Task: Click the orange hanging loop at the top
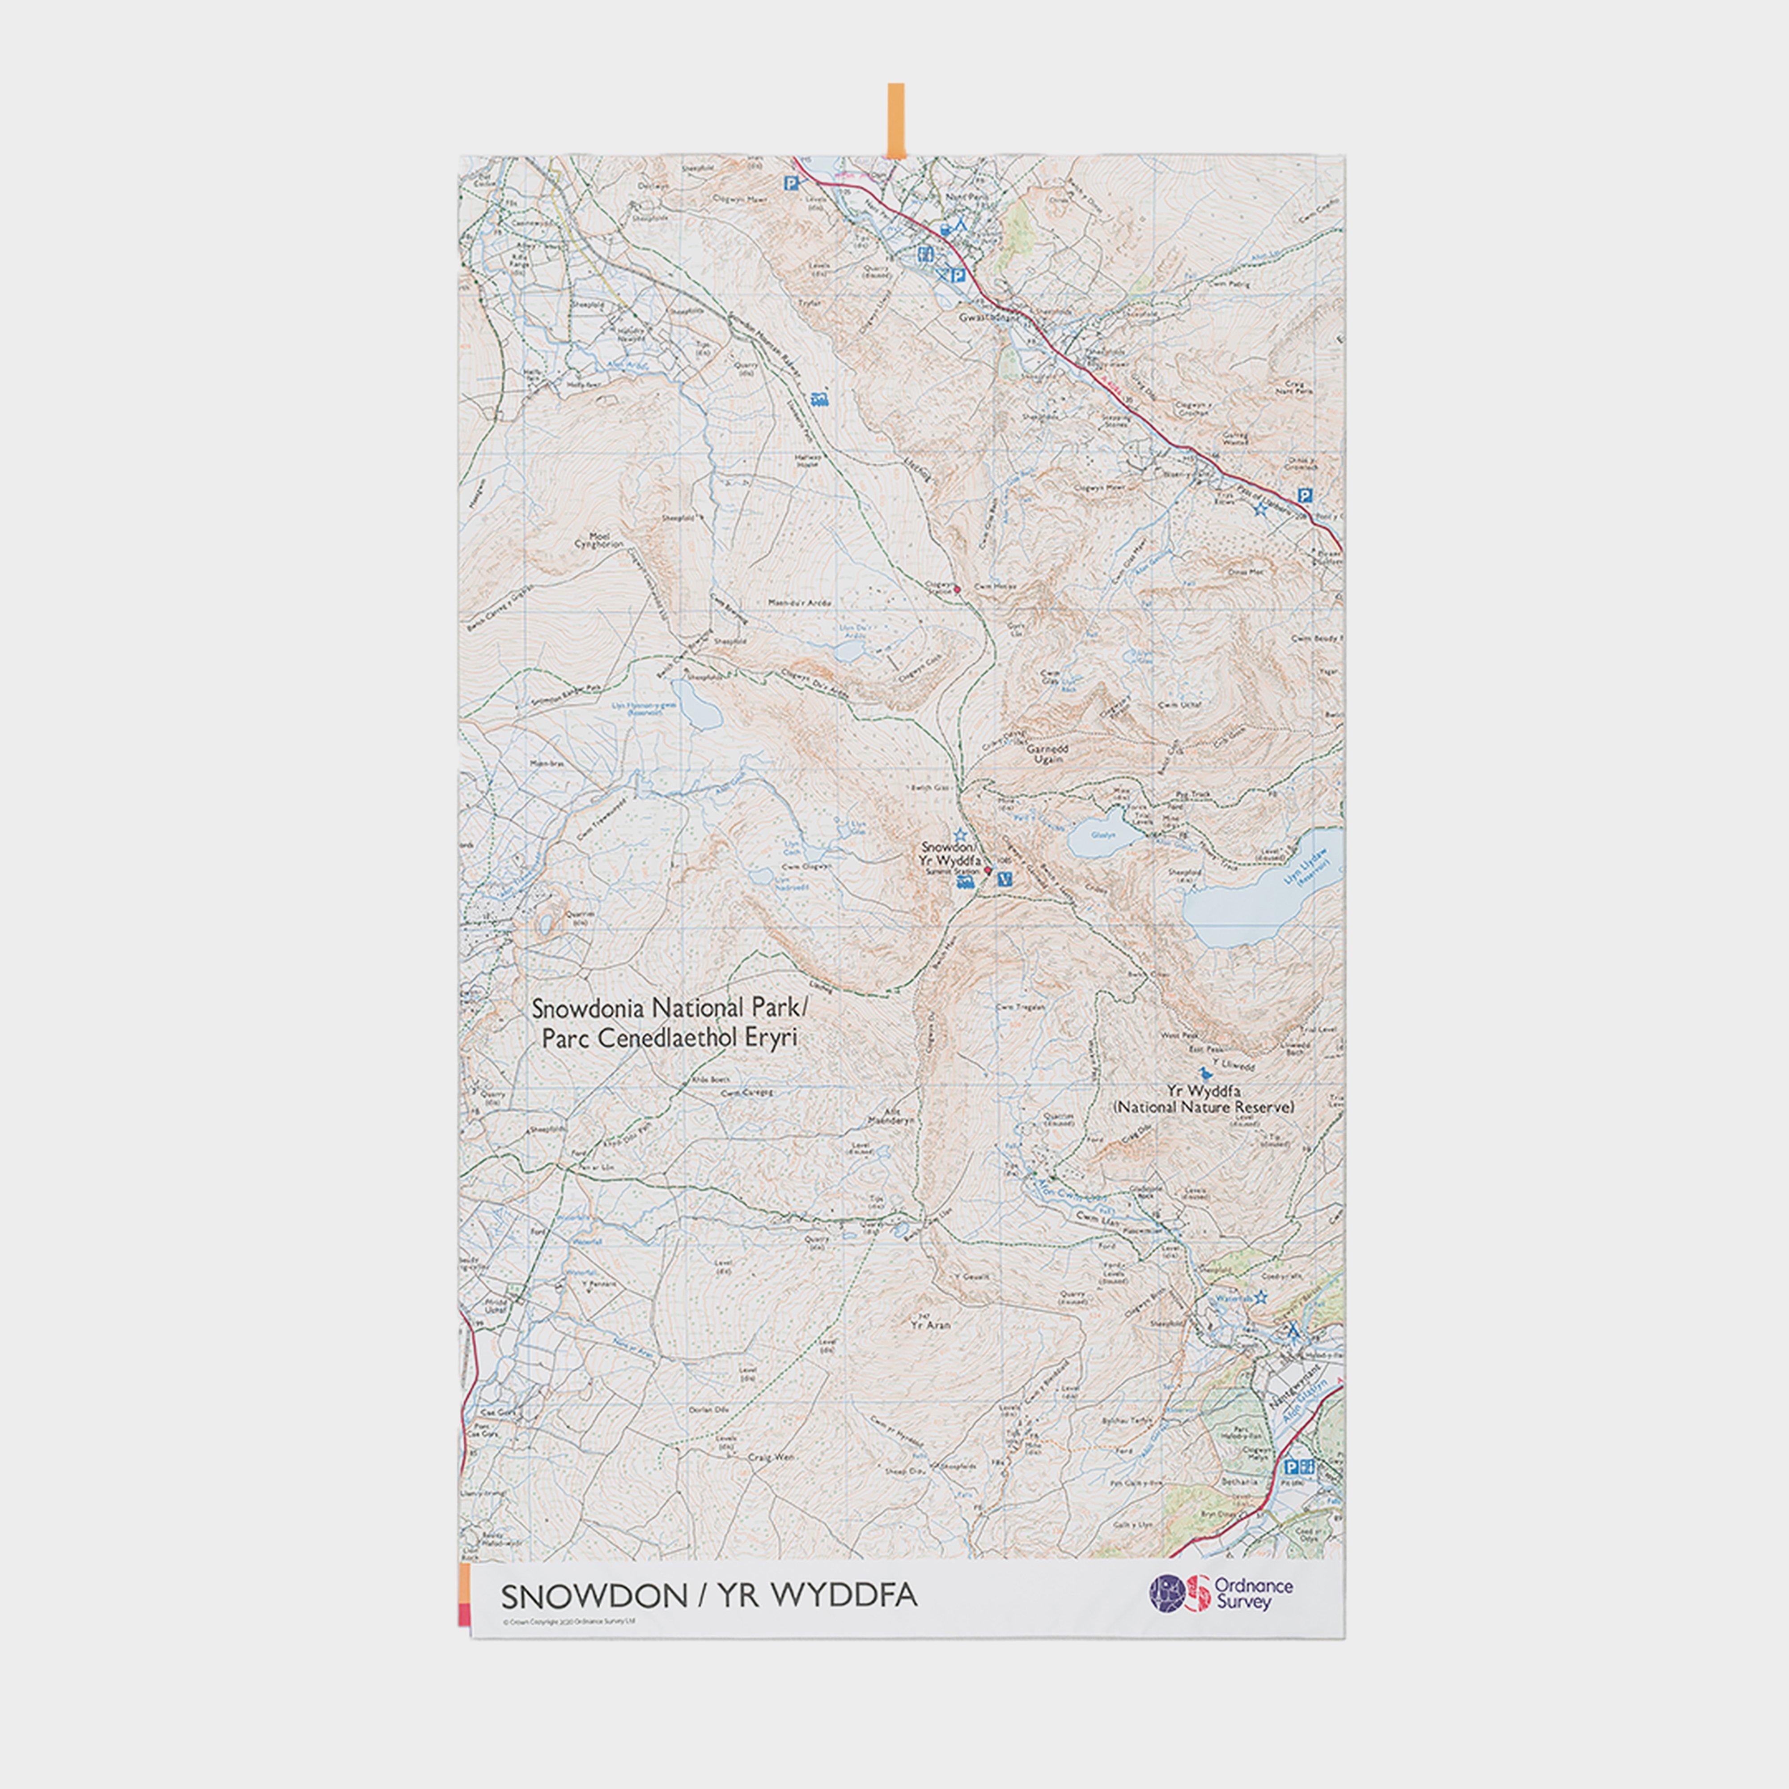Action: (x=895, y=120)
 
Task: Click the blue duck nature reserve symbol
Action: (x=1205, y=1073)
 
